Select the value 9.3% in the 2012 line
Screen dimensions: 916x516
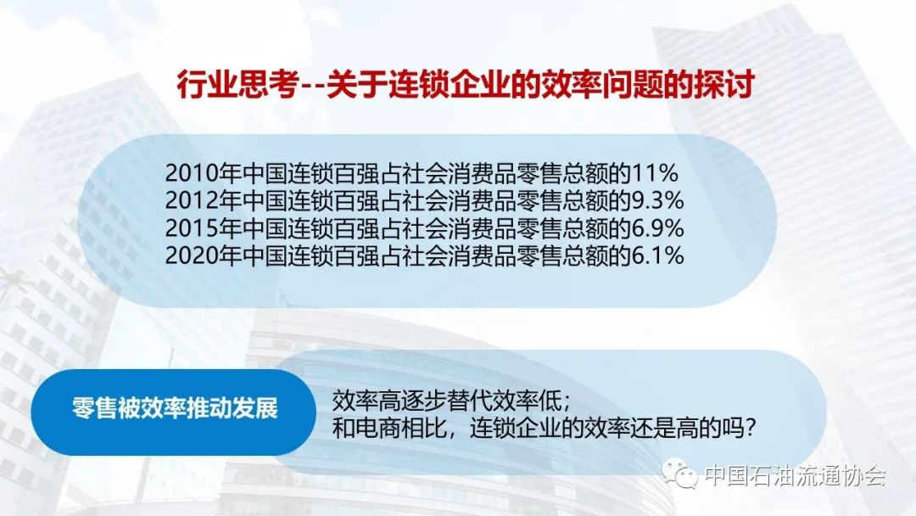click(x=658, y=200)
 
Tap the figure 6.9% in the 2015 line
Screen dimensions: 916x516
click(x=658, y=228)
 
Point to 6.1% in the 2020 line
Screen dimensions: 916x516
click(x=658, y=255)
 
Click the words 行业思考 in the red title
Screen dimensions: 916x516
click(x=237, y=86)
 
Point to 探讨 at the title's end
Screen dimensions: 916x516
click(x=723, y=86)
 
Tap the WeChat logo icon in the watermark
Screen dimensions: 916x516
click(x=680, y=473)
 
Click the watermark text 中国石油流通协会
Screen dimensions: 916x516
click(x=795, y=475)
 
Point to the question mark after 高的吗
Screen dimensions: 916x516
click(x=750, y=429)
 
